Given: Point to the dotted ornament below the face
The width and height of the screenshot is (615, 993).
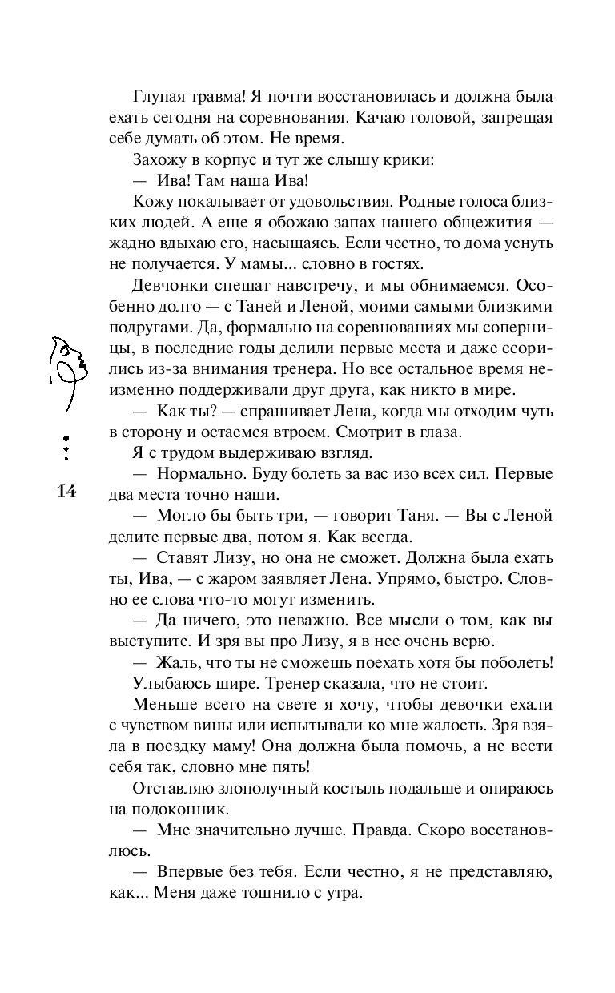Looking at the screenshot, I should click(66, 449).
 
